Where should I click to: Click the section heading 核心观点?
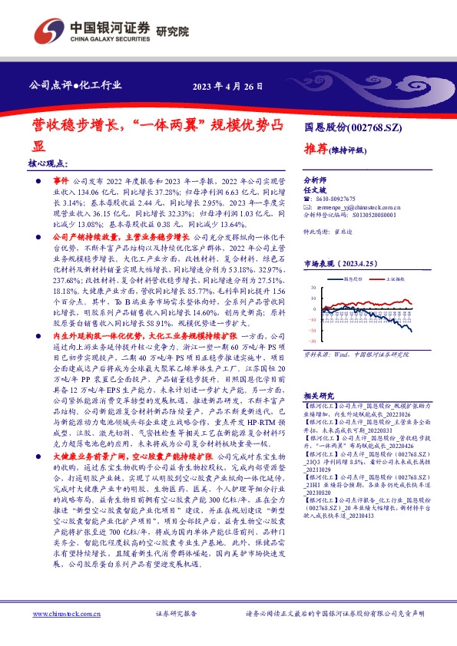(x=48, y=164)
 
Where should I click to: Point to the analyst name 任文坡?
(x=314, y=188)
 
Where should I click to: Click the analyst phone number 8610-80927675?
(x=337, y=199)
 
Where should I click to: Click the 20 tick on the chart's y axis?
(x=313, y=296)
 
